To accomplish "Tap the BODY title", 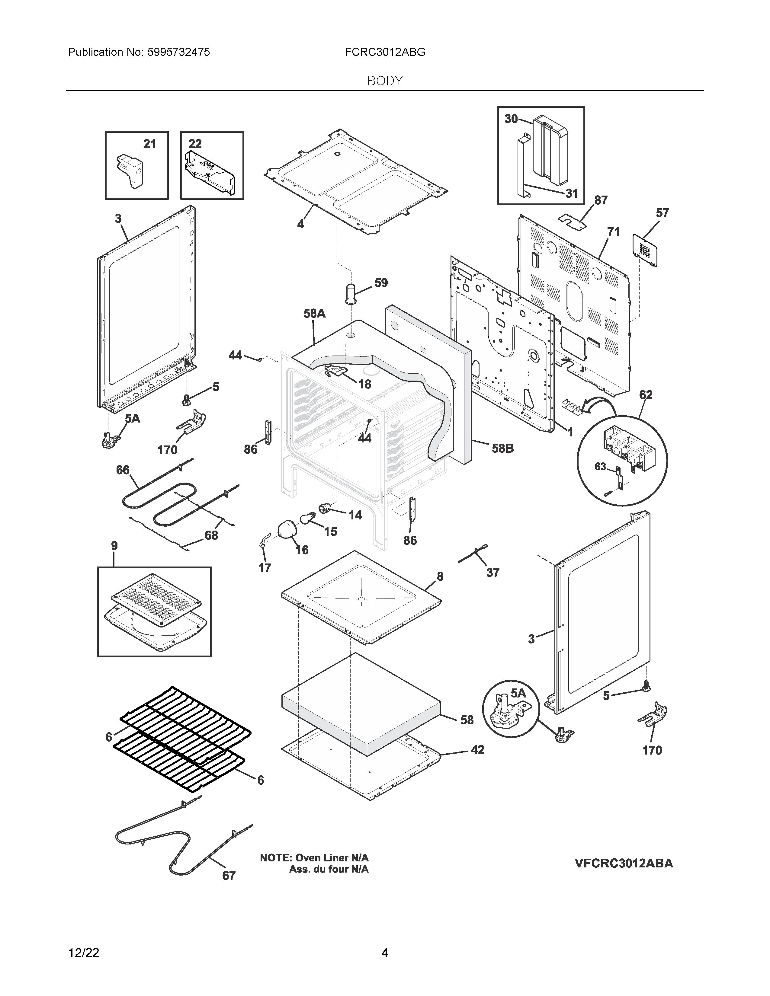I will click(x=384, y=81).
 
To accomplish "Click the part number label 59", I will click(x=381, y=283).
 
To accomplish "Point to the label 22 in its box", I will click(x=195, y=144).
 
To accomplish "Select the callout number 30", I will click(x=511, y=119).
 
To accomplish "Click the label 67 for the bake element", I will click(x=229, y=875).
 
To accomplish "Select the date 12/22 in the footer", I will click(x=83, y=953).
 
